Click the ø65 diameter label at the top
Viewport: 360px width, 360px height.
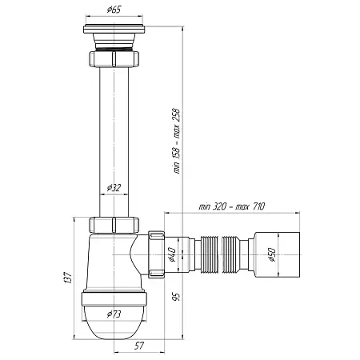[114, 10]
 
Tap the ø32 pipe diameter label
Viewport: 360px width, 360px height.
[114, 188]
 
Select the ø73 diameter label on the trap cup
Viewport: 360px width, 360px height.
[114, 314]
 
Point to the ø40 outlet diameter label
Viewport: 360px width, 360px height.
[171, 254]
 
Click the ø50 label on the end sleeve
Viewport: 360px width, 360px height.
[271, 255]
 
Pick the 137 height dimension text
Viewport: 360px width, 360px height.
[69, 278]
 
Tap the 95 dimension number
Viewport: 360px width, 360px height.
[176, 297]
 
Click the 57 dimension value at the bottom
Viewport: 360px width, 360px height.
[139, 346]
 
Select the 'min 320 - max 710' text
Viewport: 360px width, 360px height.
[232, 206]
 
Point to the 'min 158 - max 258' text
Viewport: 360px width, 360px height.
[176, 141]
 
